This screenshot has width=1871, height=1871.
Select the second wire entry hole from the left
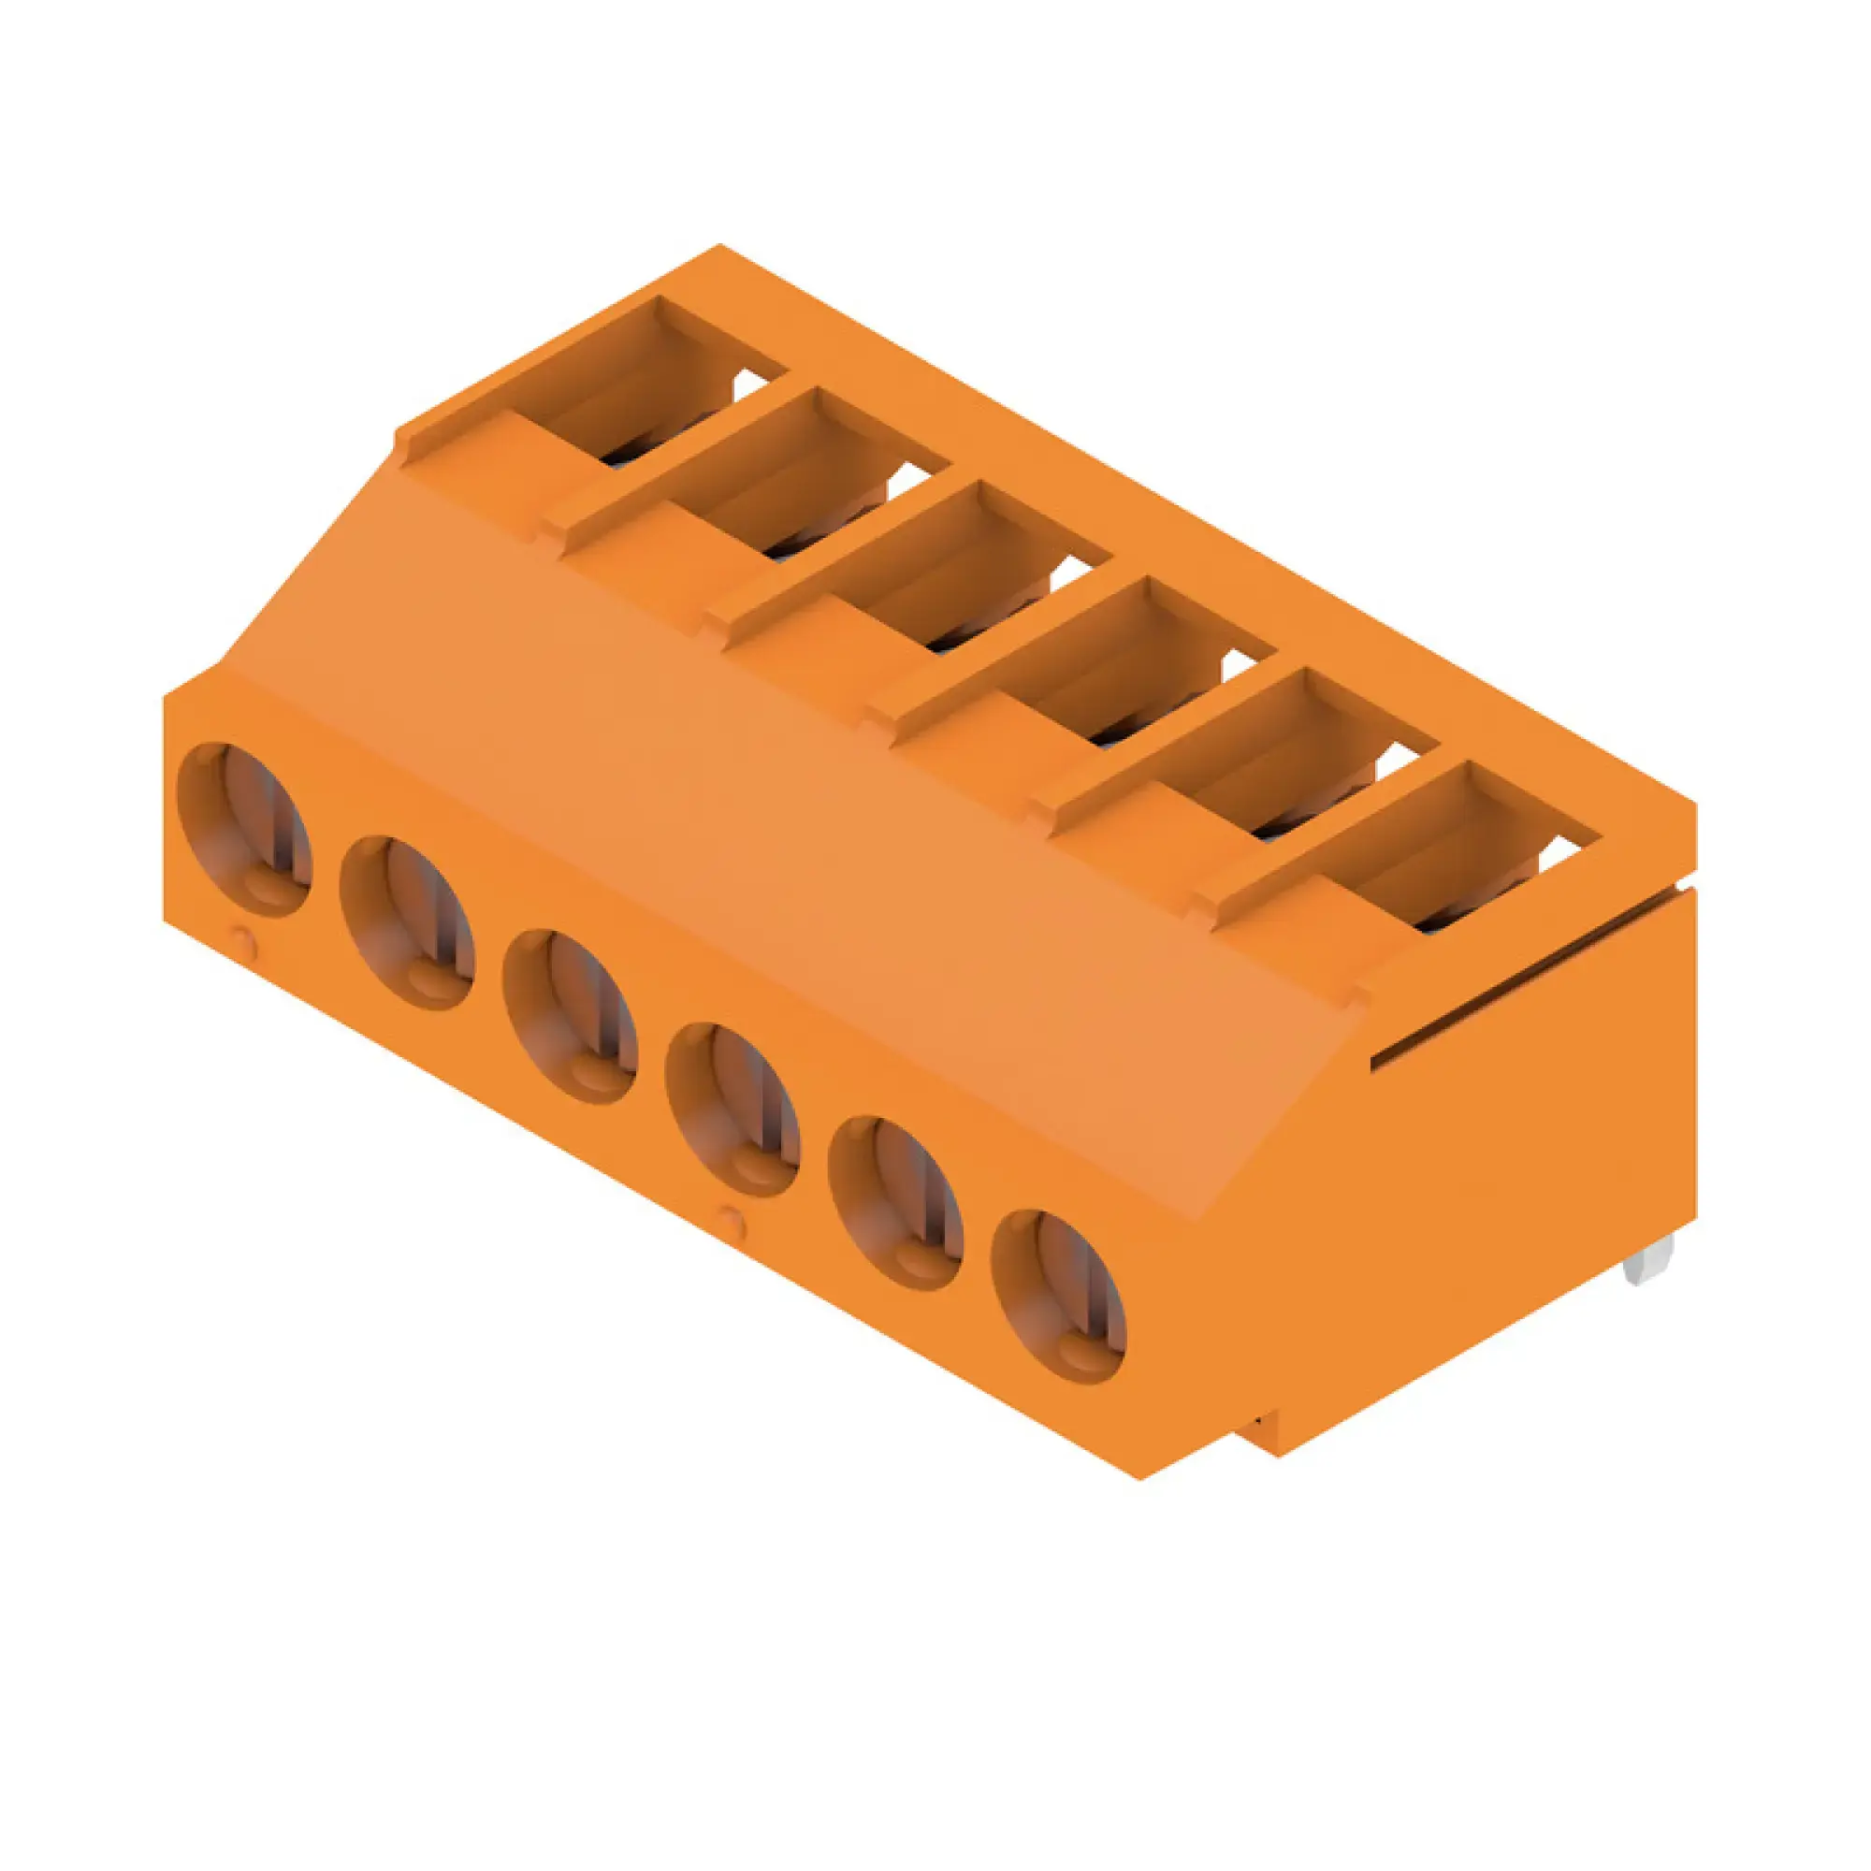(408, 923)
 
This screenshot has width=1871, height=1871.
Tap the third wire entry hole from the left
(571, 1017)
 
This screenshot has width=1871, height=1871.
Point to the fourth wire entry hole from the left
(733, 1110)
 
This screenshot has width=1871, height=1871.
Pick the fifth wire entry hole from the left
(896, 1203)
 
